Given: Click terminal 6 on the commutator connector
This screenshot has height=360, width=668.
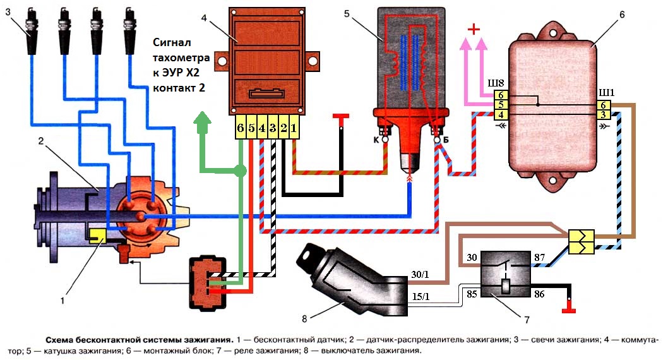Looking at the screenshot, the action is [241, 128].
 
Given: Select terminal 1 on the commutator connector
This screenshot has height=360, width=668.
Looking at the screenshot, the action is [294, 128].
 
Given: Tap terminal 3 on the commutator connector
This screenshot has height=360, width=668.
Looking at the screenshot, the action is [273, 128].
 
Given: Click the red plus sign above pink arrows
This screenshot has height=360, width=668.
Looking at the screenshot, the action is [474, 29].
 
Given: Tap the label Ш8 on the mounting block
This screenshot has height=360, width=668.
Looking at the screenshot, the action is [496, 83].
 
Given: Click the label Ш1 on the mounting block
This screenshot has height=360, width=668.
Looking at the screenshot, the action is [607, 93].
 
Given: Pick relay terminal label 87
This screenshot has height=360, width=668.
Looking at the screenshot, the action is [539, 257].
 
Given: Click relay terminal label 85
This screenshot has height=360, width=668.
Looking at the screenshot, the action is [472, 294].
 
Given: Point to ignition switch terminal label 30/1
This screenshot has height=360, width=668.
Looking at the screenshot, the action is [420, 274].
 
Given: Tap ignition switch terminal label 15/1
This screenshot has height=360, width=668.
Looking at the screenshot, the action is [420, 296].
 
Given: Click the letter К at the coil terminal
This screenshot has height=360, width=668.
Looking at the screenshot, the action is [376, 140].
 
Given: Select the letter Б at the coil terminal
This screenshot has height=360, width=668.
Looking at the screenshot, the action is [446, 140].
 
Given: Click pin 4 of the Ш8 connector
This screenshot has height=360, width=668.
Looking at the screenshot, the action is [501, 114].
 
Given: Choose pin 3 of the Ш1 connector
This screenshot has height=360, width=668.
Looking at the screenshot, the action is [603, 114].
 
